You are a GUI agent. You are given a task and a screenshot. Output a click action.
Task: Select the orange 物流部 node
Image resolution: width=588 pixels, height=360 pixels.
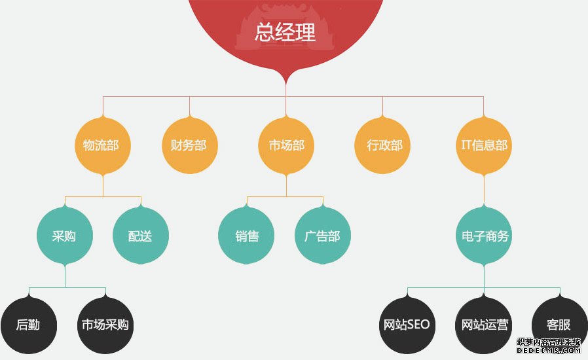coord(103,145)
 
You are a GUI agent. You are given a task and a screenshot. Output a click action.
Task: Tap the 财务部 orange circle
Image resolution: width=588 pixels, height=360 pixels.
coord(189,145)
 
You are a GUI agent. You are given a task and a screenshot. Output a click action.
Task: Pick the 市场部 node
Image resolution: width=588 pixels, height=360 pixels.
coord(286,145)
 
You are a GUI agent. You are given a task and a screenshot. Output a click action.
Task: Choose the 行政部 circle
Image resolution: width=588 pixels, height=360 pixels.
coord(382,145)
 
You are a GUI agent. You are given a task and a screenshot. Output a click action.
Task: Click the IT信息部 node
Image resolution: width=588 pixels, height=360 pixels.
coord(484,145)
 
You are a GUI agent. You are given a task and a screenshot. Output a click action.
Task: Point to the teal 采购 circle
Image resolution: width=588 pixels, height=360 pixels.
coord(65,236)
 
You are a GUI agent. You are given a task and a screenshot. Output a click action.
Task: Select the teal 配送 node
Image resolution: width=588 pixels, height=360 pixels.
coord(141,236)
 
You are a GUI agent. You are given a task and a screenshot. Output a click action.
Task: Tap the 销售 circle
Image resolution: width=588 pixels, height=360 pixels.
coord(246,236)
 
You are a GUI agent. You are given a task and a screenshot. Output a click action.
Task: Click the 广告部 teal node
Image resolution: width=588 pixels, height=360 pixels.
coord(323,236)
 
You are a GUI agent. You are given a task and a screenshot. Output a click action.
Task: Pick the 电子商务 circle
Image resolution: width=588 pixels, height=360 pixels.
coord(484,236)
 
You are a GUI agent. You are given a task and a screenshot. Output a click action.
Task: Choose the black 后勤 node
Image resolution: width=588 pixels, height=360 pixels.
coord(29,325)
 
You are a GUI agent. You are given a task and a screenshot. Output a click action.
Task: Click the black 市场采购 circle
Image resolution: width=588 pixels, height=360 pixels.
coord(105,325)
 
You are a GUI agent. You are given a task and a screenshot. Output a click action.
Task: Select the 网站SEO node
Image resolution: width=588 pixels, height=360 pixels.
coord(407,325)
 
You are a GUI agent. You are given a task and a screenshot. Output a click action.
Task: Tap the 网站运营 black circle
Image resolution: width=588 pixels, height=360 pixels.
coord(484,325)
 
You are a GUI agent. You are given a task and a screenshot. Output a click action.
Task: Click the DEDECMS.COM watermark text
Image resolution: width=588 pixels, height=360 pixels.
coord(548,350)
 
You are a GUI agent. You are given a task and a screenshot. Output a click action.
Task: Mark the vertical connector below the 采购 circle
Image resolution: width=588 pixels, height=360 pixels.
coord(65,276)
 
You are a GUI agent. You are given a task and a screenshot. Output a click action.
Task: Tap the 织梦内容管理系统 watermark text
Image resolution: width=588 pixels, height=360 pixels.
coord(548,342)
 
